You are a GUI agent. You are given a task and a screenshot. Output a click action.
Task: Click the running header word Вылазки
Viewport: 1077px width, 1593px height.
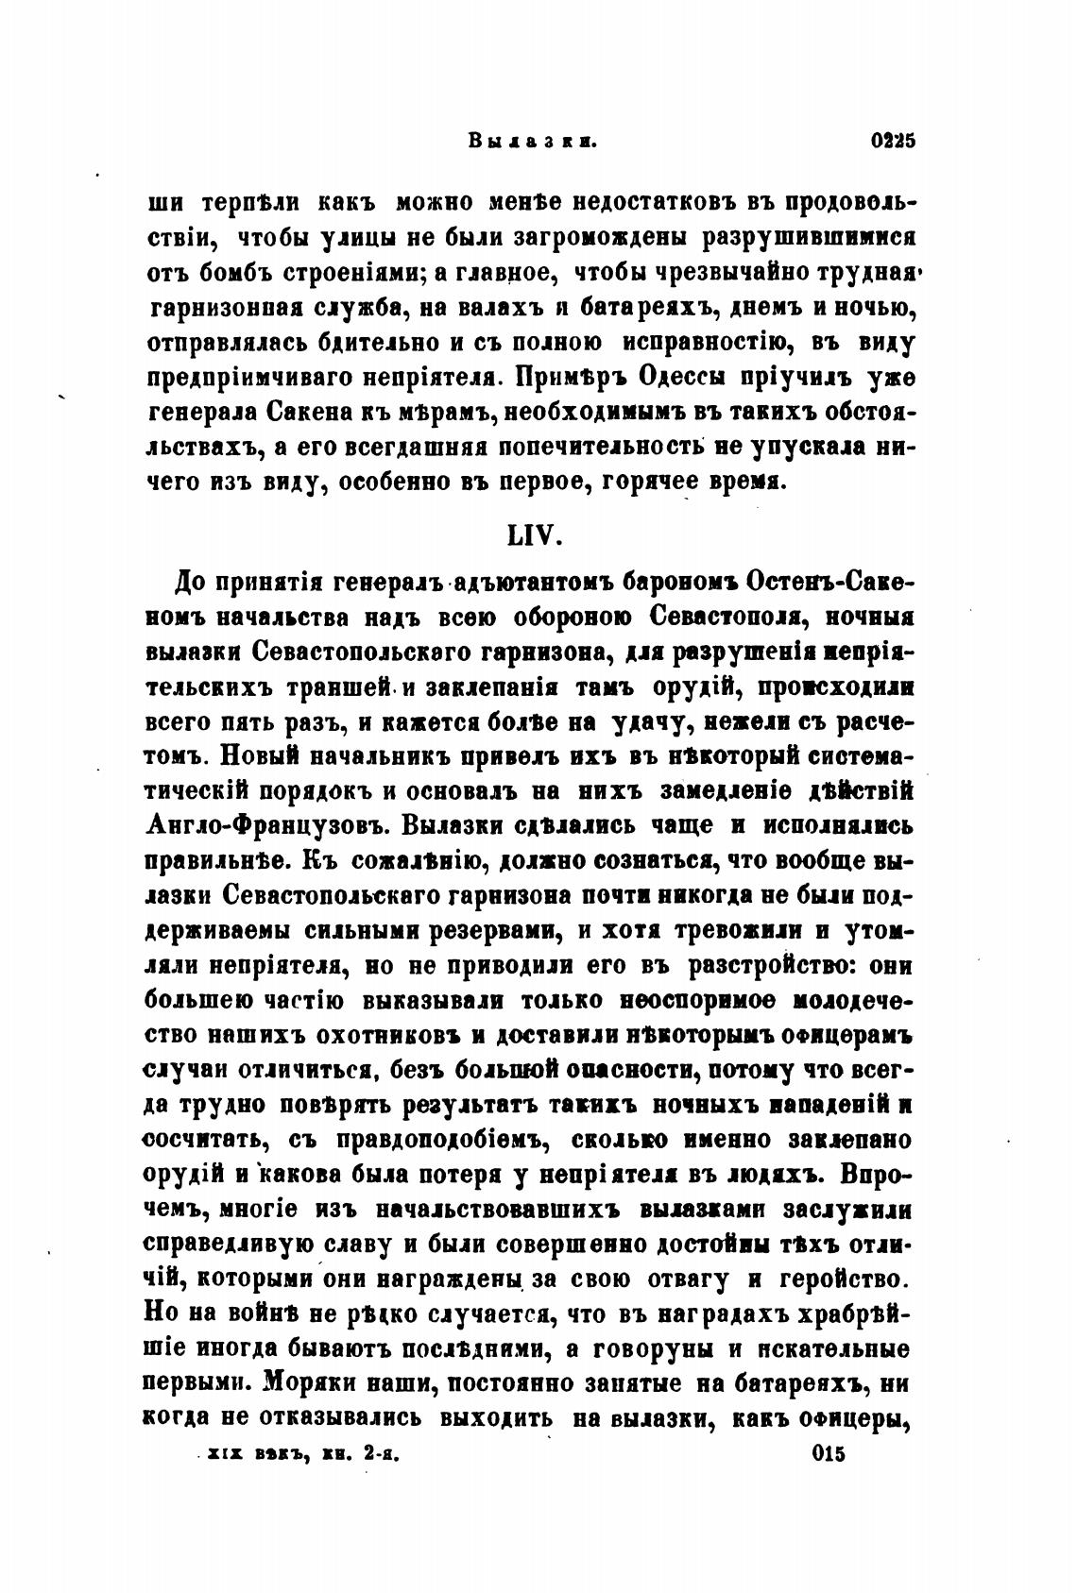534,143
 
